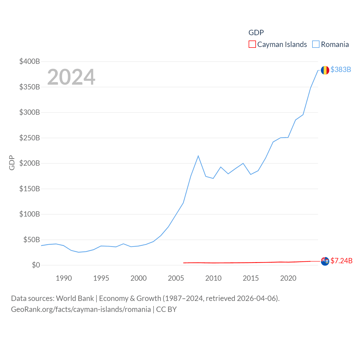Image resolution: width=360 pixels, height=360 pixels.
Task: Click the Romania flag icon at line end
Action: coord(325,70)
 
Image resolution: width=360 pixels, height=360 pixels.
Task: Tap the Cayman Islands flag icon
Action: coord(325,261)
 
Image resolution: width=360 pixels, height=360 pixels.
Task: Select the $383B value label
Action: coord(341,69)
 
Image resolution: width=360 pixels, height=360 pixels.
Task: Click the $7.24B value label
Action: coord(341,261)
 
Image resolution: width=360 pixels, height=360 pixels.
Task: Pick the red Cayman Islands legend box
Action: coord(252,44)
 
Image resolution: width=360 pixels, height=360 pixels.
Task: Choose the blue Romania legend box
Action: coord(316,44)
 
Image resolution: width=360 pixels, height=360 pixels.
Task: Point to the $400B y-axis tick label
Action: coord(30,61)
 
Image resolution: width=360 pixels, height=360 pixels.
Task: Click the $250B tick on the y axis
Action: coord(30,138)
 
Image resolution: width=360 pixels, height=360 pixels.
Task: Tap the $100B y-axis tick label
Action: coord(30,214)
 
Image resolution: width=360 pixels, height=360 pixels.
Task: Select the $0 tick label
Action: coord(36,265)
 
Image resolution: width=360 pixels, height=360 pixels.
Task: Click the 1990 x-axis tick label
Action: coord(64,278)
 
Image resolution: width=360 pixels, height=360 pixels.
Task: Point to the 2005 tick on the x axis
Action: coord(176,278)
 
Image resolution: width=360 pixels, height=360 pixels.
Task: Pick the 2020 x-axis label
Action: coord(288,278)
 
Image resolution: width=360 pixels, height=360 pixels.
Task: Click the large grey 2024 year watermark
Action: coord(71,77)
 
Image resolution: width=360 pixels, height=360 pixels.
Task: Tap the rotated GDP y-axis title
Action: coord(12,163)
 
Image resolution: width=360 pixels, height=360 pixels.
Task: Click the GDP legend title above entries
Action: coord(256,33)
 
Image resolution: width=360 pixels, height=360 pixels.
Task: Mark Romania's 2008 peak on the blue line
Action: coord(198,156)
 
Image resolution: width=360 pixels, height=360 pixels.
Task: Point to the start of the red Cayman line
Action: coord(184,263)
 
